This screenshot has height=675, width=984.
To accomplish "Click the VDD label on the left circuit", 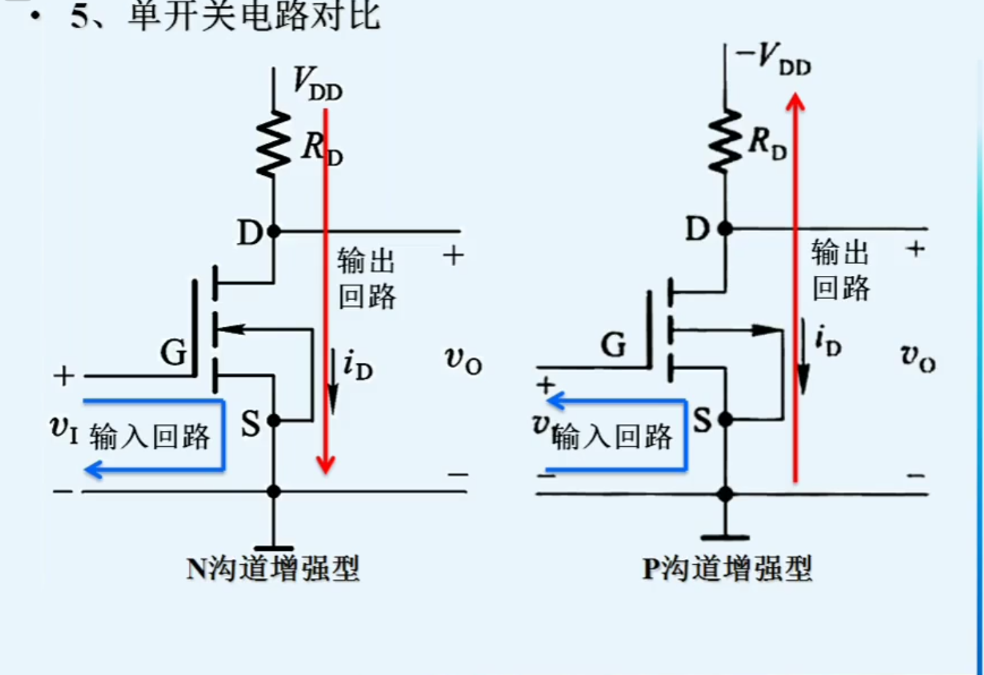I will click(317, 84).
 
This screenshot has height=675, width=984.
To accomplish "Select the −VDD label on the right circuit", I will click(773, 59).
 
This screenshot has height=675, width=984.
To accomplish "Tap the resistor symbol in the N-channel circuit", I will click(273, 144).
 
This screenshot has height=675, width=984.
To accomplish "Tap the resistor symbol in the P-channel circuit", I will click(725, 141).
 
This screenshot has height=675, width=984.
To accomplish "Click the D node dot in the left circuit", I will click(273, 232).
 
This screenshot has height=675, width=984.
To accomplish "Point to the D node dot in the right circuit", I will click(725, 229).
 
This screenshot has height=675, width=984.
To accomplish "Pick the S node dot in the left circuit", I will click(273, 420).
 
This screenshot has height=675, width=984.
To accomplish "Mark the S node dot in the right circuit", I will click(725, 419).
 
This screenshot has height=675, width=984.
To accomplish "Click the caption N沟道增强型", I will click(273, 568).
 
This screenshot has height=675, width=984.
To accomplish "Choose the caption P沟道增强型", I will click(727, 568).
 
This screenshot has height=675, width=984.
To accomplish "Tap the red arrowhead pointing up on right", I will click(795, 102).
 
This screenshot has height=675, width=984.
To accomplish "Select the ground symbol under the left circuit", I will click(273, 548).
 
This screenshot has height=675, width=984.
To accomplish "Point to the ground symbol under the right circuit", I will click(725, 537).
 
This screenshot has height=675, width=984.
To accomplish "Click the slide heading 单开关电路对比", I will click(254, 16).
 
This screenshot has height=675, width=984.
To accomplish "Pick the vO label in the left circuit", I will click(463, 360).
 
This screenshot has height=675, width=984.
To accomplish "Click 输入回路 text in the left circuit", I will click(150, 437).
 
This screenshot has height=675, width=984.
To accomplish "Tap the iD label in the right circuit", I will click(828, 340).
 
